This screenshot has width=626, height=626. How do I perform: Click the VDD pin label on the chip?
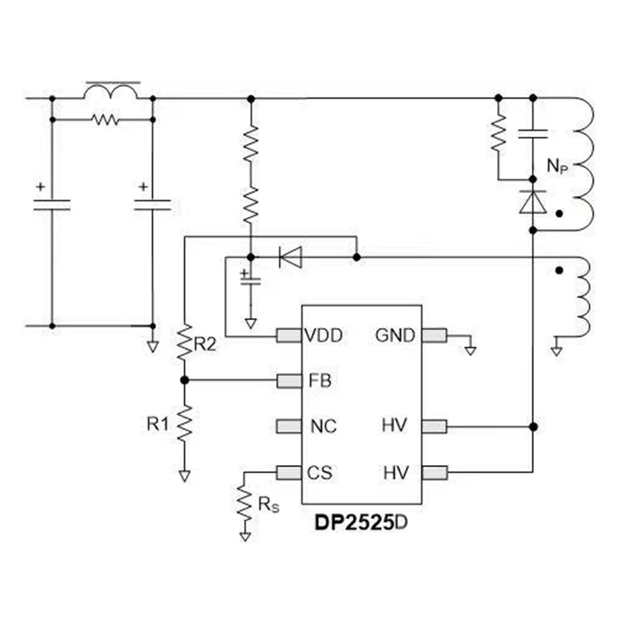point(322,336)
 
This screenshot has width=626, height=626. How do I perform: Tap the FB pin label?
point(319,381)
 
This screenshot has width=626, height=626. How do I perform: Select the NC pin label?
point(322,427)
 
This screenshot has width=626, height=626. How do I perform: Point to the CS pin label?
point(321,471)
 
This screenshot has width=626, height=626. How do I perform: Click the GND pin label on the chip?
point(395,336)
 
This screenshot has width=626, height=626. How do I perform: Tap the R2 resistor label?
point(205,343)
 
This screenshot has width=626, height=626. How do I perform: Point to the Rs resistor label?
point(267,505)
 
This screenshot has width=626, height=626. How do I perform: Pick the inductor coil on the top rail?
point(112,91)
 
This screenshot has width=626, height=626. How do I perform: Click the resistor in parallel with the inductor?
point(105,118)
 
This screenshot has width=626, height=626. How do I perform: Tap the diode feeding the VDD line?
point(290,258)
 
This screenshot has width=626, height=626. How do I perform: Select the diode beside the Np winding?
point(533,202)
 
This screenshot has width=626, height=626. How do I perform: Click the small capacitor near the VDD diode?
point(250,279)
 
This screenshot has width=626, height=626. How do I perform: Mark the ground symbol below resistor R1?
point(184,475)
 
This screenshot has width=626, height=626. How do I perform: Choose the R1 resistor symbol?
point(184,423)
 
